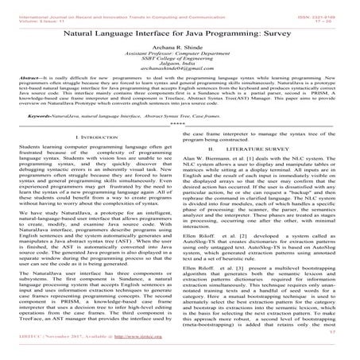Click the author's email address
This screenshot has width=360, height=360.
tap(180, 77)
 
